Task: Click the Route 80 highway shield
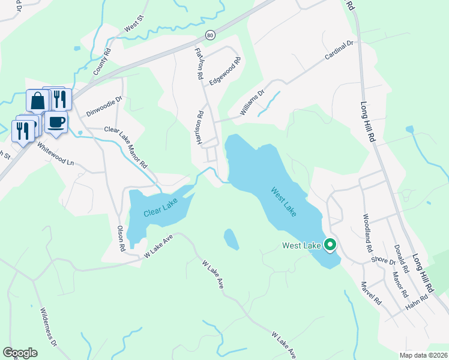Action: tap(209, 35)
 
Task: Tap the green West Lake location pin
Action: tap(330, 245)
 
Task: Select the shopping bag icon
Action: tap(37, 100)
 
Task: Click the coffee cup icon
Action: tap(56, 122)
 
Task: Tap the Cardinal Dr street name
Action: tap(340, 50)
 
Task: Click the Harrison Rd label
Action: tap(202, 128)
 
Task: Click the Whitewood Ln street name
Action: tap(55, 154)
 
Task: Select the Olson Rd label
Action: tap(121, 238)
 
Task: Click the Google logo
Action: tap(20, 353)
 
